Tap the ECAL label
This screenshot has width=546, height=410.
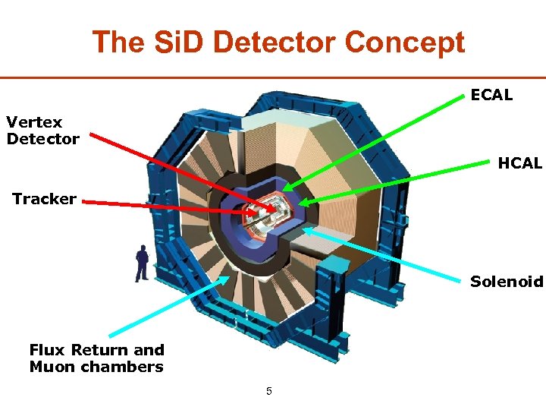pyautogui.click(x=491, y=95)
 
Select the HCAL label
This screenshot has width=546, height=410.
pyautogui.click(x=520, y=163)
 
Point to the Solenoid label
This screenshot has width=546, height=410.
pyautogui.click(x=507, y=282)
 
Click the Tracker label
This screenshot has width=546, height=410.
pyautogui.click(x=44, y=199)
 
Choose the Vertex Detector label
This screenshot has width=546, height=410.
pyautogui.click(x=42, y=130)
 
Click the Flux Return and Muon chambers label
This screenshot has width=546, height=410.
pyautogui.click(x=96, y=358)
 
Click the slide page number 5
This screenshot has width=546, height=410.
pyautogui.click(x=268, y=392)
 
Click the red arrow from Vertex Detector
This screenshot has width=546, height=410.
pyautogui.click(x=182, y=171)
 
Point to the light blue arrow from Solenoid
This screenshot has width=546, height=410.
pyautogui.click(x=387, y=256)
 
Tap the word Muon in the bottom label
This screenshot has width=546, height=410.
pyautogui.click(x=52, y=367)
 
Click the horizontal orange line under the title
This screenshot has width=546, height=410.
pyautogui.click(x=273, y=77)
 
